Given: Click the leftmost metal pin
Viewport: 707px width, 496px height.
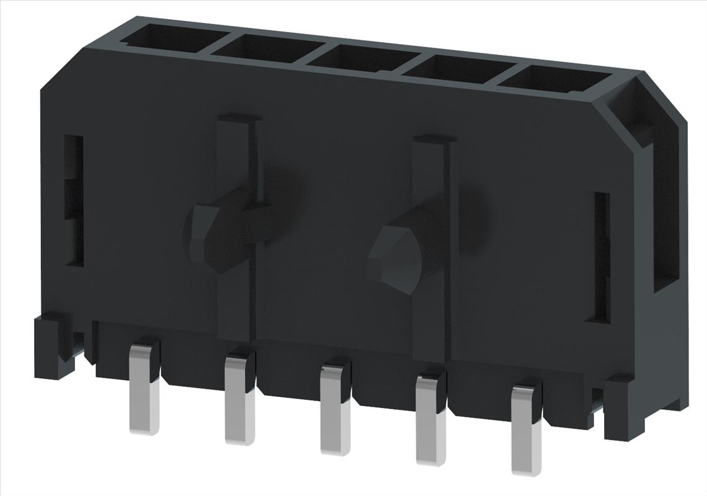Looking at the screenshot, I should [144, 391].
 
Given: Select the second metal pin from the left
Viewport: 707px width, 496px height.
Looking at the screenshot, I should [239, 400].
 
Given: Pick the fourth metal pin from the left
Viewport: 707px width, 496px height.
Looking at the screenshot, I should [430, 422].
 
